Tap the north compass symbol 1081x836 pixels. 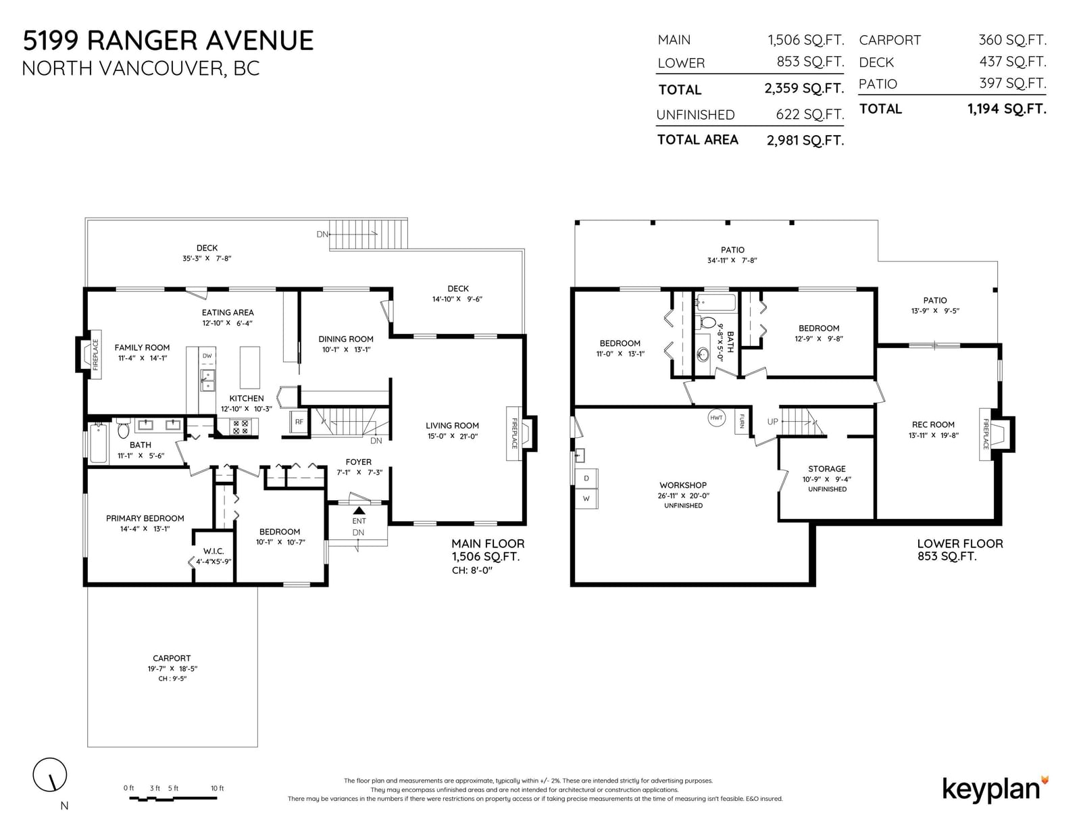[50, 774]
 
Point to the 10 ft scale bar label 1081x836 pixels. [217, 788]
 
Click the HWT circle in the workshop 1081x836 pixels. [716, 418]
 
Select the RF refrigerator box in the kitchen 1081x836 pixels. [299, 422]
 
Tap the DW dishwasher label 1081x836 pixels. [207, 355]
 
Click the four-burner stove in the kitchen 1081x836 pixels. [241, 426]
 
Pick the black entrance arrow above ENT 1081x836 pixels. [359, 510]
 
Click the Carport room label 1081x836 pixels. [172, 658]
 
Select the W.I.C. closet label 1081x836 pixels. [213, 551]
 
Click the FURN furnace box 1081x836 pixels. [742, 421]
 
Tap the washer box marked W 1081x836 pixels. [586, 498]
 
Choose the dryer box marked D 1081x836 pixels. [586, 478]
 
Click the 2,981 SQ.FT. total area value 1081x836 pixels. [805, 141]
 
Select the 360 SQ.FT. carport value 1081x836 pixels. [1012, 40]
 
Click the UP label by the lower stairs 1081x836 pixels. [772, 422]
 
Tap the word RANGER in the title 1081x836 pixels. [143, 41]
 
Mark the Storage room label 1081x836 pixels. [827, 469]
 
